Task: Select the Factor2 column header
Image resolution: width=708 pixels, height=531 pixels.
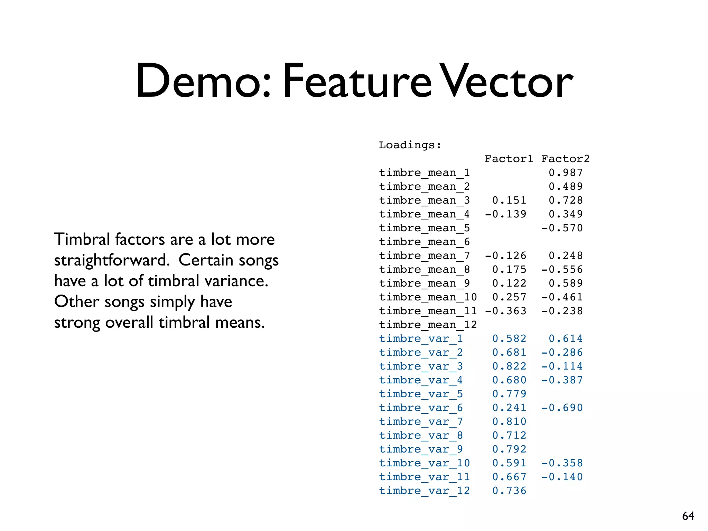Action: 565,159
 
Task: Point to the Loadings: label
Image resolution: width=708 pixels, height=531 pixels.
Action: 410,145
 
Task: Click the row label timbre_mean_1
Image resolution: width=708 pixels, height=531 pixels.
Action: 424,173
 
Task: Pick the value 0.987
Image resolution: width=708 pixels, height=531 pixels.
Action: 566,173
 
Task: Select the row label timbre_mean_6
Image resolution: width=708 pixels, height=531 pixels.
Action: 424,242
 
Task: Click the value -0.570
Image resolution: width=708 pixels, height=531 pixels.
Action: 562,228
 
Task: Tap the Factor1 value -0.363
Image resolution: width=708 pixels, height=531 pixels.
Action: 505,311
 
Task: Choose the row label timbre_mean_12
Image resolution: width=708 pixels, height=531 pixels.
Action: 428,325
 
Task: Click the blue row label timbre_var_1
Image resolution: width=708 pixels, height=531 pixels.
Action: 421,339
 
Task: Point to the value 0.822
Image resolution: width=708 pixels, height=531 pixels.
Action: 509,366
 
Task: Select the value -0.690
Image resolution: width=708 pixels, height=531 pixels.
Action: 562,408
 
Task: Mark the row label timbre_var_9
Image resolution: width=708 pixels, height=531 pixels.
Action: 421,449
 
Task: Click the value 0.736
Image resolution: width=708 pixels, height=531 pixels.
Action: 509,491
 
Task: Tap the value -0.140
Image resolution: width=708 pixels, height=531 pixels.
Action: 562,477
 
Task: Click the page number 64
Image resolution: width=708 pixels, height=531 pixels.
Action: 688,516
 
